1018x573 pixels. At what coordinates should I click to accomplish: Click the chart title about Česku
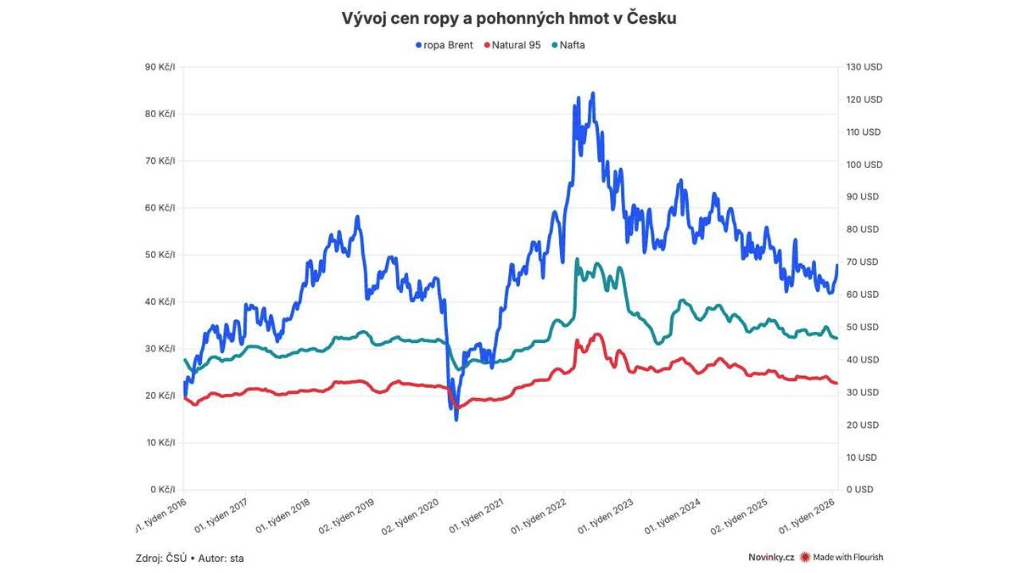click(509, 18)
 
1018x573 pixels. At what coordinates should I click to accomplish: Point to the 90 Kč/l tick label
click(159, 67)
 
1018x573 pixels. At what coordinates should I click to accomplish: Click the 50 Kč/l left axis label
click(159, 255)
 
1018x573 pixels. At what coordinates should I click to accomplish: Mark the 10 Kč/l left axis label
click(159, 442)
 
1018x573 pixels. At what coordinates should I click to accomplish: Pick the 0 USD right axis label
click(859, 490)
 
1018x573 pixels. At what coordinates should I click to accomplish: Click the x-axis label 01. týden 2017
click(221, 515)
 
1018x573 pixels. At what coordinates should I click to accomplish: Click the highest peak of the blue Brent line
click(593, 93)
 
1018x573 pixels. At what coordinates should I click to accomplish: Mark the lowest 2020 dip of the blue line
click(456, 419)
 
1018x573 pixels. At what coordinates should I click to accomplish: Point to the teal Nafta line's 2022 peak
click(577, 260)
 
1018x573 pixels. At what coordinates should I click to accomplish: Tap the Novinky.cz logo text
click(771, 558)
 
